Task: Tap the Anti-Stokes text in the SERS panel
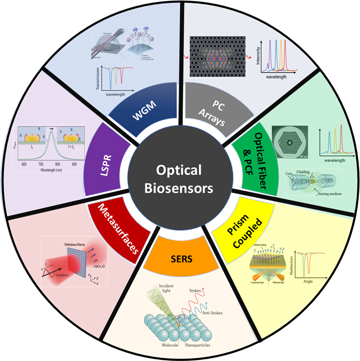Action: coord(213,313)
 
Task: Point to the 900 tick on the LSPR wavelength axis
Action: coord(75,164)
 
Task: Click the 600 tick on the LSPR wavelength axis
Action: coord(24,164)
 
